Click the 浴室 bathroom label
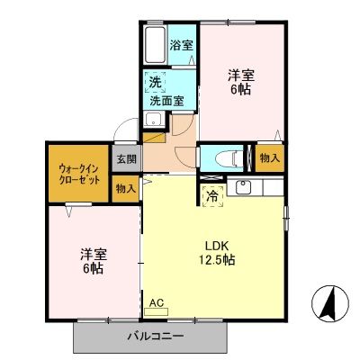[182, 45]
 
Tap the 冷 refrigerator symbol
[212, 193]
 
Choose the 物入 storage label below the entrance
[126, 188]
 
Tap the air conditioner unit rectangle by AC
[167, 315]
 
